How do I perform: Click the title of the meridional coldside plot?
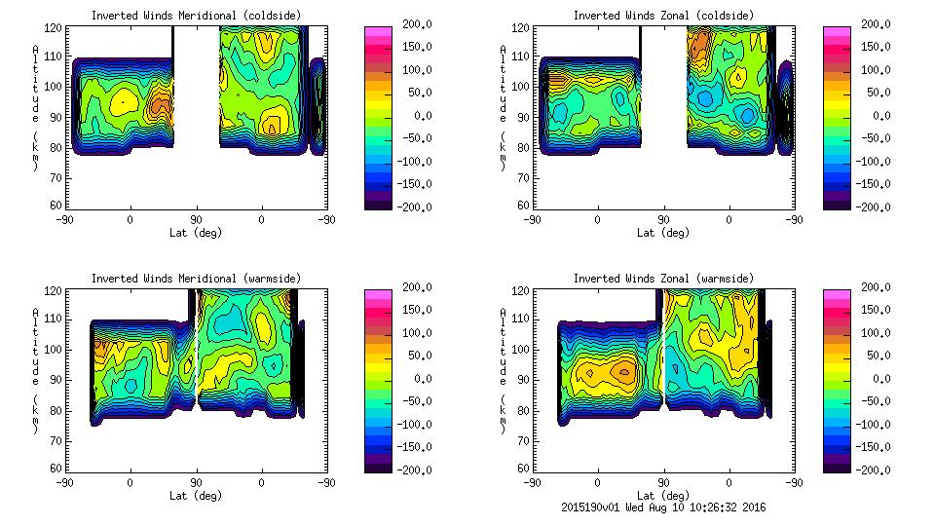[196, 16]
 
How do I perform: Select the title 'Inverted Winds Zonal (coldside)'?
[663, 16]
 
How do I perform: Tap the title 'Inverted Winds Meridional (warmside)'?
[196, 279]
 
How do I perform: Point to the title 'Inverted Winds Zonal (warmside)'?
[663, 279]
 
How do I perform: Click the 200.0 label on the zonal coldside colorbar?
[876, 24]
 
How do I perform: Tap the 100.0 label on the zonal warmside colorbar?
[876, 333]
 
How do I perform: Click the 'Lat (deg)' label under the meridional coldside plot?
[196, 233]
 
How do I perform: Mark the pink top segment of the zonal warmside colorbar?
[837, 293]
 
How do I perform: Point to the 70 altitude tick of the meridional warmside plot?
[56, 439]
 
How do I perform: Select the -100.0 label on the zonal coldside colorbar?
[876, 162]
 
